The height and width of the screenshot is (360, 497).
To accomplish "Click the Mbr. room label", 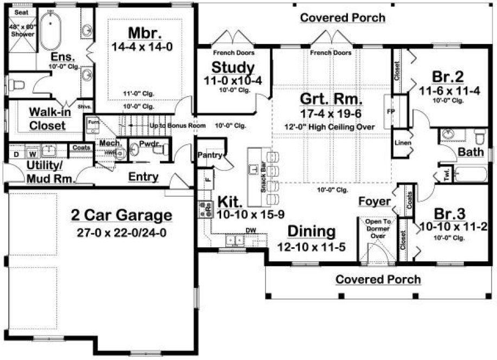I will [142, 31].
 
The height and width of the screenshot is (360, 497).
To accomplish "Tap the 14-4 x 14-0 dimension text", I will [142, 47].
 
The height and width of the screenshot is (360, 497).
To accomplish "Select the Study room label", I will [233, 67].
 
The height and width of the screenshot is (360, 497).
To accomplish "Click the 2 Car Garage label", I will [121, 216].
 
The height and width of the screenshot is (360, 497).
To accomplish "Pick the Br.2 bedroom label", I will [448, 76].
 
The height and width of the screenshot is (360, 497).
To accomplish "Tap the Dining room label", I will [311, 232].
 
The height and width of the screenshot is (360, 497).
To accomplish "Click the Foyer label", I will [375, 201].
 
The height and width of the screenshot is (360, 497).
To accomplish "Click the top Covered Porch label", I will [343, 17].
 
